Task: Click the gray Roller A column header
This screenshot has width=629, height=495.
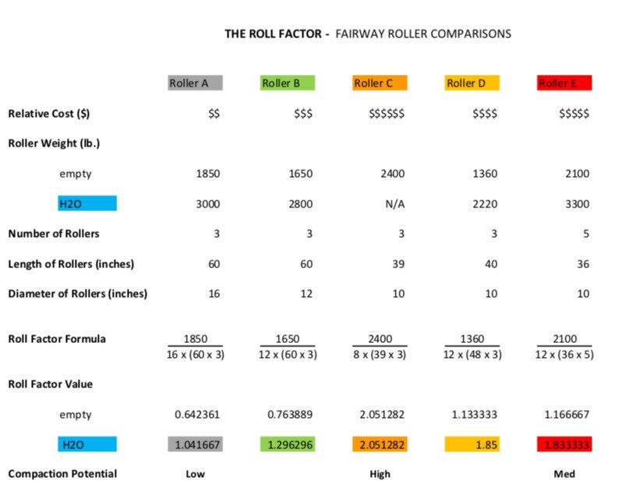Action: tap(195, 83)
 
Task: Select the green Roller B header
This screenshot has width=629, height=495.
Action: tap(288, 83)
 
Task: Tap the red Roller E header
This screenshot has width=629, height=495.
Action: tap(564, 83)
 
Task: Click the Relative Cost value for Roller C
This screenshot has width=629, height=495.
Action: tap(387, 114)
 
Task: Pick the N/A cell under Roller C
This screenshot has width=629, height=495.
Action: tap(394, 204)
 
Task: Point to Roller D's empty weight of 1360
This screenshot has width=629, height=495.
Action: tap(485, 174)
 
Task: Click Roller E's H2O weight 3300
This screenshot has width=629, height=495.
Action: tap(578, 204)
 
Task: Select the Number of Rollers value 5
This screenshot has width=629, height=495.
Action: tap(586, 234)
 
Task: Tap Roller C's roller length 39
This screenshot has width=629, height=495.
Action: tap(398, 264)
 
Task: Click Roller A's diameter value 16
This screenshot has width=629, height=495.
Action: tap(214, 294)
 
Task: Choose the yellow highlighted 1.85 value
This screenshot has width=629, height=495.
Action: tap(472, 444)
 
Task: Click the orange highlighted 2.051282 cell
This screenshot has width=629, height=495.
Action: tap(380, 444)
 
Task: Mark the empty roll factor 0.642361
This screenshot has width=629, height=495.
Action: tap(197, 415)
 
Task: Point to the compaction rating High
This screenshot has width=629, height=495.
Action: tap(380, 474)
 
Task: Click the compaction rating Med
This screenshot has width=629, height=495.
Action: tap(564, 474)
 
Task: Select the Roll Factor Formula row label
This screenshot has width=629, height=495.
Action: tap(57, 339)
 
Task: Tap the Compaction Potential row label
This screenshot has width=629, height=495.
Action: tap(62, 474)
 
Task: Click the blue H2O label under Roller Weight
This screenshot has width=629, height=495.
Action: tap(87, 203)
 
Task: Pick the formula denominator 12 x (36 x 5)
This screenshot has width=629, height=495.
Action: tap(564, 355)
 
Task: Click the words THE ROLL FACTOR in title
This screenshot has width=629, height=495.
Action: tap(273, 34)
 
